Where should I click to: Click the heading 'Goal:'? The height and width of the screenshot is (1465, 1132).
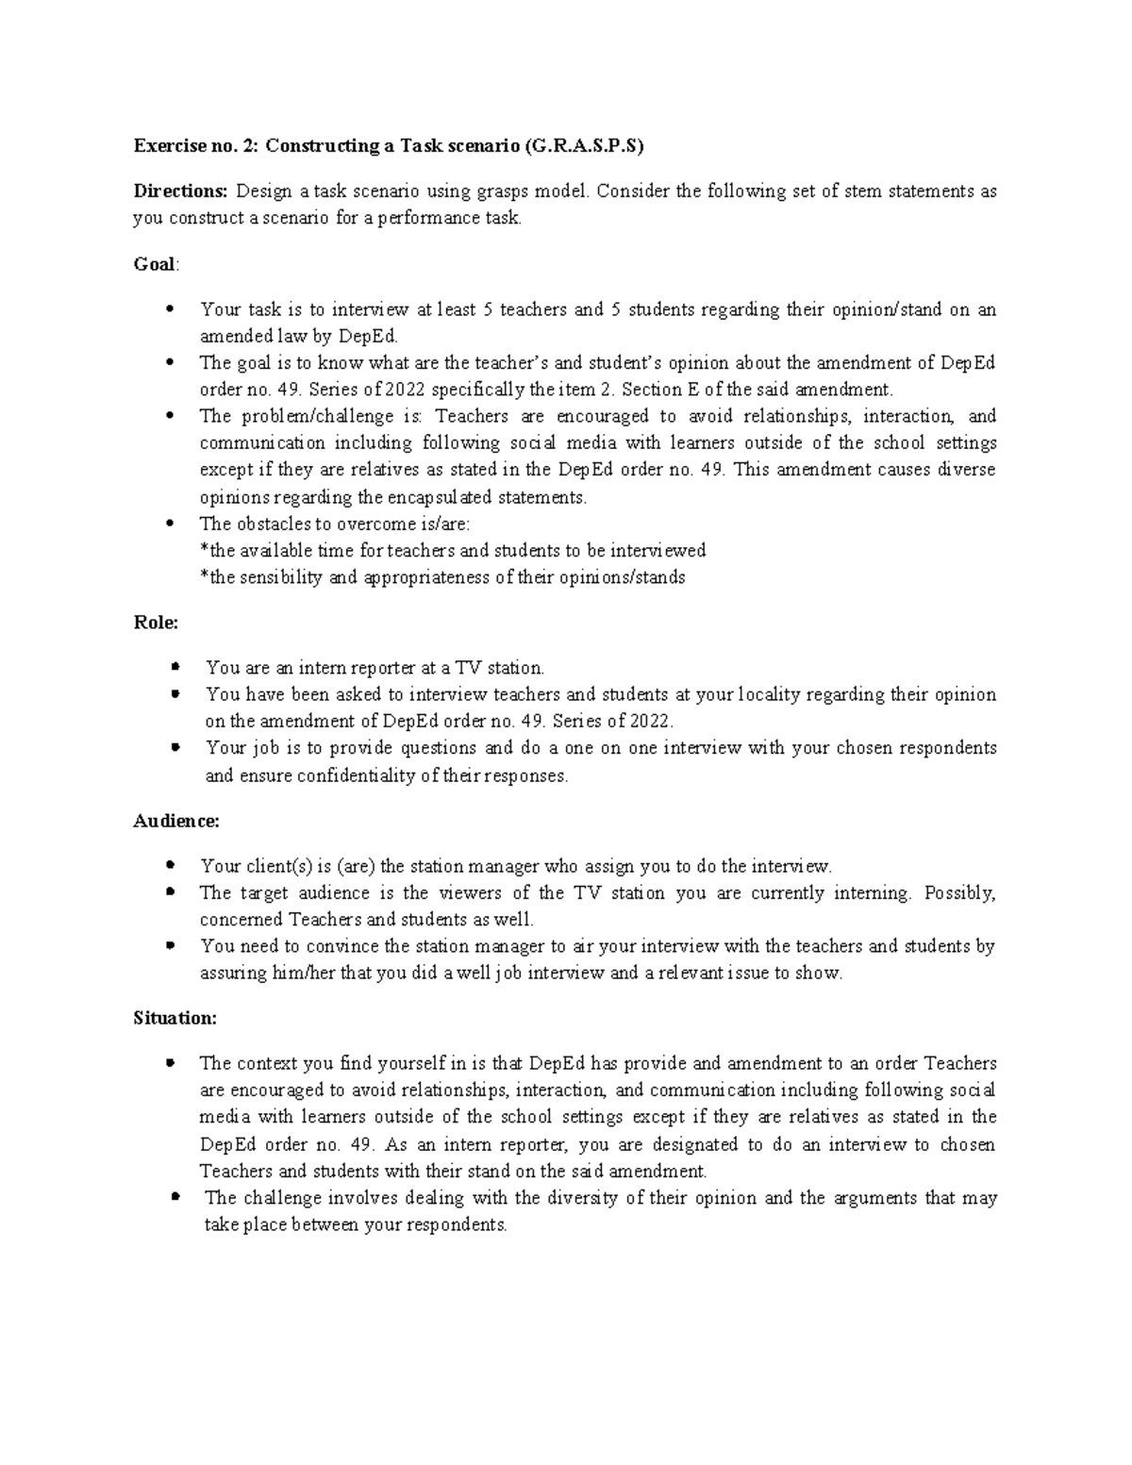click(x=155, y=264)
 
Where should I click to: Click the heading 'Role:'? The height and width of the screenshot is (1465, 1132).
click(x=156, y=623)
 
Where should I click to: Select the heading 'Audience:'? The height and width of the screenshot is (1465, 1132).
click(x=176, y=821)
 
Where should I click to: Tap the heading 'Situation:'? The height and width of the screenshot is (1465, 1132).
click(x=175, y=1018)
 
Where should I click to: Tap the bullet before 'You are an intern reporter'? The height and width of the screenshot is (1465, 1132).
click(x=175, y=668)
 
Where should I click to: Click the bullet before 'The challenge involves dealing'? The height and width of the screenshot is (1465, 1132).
click(x=175, y=1198)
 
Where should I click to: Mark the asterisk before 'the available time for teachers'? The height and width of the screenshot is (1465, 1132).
click(x=204, y=549)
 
